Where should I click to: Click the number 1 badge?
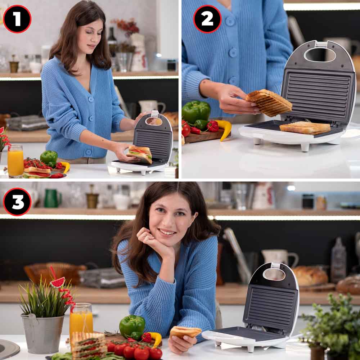pyautogui.click(x=17, y=19)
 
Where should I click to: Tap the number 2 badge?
pyautogui.click(x=207, y=19)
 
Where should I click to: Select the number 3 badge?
pyautogui.click(x=17, y=202)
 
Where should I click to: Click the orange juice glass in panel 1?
pyautogui.click(x=15, y=161)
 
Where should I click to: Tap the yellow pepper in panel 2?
pyautogui.click(x=225, y=129)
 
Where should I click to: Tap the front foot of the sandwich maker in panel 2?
pyautogui.click(x=305, y=147)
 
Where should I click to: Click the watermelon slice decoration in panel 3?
pyautogui.click(x=58, y=282)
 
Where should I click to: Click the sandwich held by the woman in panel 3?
pyautogui.click(x=185, y=332)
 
